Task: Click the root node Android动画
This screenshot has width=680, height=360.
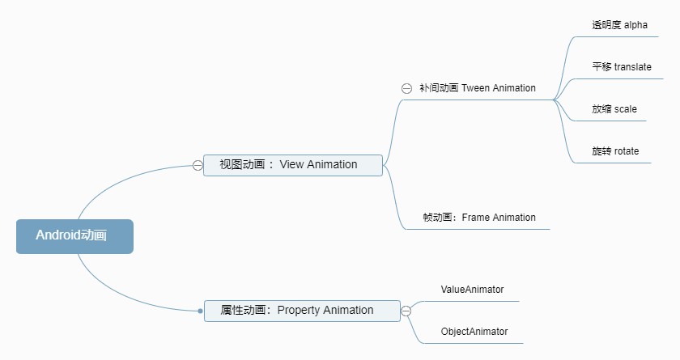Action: (74, 236)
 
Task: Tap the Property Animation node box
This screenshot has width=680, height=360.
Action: (302, 311)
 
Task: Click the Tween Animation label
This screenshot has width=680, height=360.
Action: (478, 88)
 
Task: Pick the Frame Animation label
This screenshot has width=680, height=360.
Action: (479, 218)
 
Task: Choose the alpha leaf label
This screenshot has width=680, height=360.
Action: (619, 25)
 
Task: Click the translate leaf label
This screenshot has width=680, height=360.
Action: (621, 67)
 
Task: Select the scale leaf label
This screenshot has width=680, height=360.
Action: (614, 109)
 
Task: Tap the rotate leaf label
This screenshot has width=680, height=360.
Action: (615, 151)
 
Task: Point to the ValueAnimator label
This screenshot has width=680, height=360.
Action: (472, 289)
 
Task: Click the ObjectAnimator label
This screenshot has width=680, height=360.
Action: (474, 332)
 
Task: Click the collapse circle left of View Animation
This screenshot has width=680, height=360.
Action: (198, 165)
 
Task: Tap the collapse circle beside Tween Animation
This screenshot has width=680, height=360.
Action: (406, 88)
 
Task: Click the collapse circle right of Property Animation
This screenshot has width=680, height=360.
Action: (406, 311)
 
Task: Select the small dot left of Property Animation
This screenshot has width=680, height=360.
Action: (200, 311)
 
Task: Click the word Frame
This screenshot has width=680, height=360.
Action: (476, 218)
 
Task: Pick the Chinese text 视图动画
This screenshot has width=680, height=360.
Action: (242, 165)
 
